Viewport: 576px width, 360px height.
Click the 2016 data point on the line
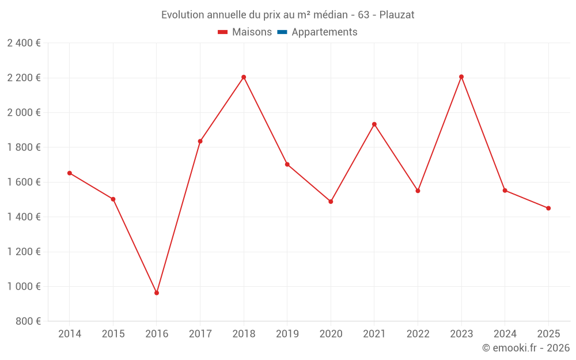(x=157, y=293)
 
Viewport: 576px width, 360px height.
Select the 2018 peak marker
(x=244, y=77)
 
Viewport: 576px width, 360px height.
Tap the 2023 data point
(x=461, y=77)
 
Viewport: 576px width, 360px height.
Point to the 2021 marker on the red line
(x=374, y=124)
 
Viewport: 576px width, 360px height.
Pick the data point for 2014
(x=70, y=173)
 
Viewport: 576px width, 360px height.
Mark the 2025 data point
(x=548, y=209)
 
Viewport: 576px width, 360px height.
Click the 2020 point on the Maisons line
(x=331, y=202)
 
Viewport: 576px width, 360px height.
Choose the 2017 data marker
(x=200, y=141)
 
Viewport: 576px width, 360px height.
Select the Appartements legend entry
(x=324, y=32)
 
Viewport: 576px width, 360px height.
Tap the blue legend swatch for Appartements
(x=282, y=32)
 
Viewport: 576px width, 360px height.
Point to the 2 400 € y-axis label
(x=24, y=43)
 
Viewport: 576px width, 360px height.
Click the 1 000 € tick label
(x=24, y=287)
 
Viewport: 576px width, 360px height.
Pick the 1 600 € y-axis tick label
(x=24, y=182)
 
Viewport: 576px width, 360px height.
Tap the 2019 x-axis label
(x=287, y=334)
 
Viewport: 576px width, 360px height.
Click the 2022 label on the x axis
(x=418, y=334)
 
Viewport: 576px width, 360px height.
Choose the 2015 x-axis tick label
(x=113, y=334)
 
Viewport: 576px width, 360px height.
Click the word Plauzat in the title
(x=397, y=15)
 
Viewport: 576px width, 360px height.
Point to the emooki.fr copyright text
(x=526, y=348)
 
